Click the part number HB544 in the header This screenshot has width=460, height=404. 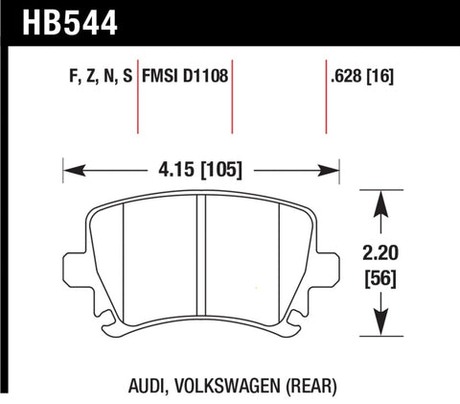coord(60,20)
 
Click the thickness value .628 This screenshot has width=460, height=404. coord(342,74)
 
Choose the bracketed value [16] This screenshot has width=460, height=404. coord(382,74)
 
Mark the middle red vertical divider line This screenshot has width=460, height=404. coord(233,101)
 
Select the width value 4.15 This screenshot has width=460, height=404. coord(175,171)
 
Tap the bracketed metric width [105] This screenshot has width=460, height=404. coord(223,171)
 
